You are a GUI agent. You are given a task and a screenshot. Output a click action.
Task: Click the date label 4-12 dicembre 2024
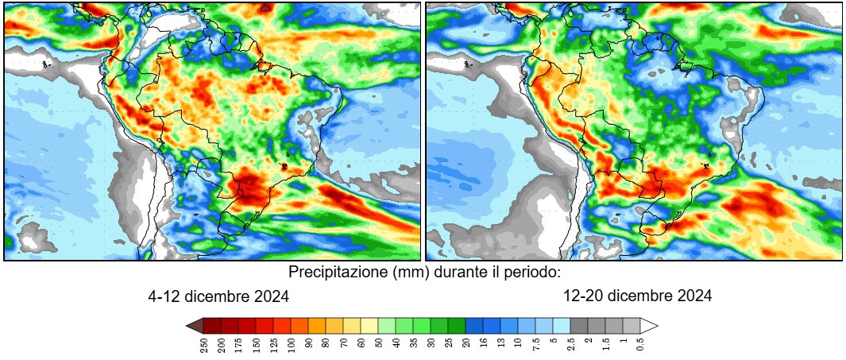coord(218,296)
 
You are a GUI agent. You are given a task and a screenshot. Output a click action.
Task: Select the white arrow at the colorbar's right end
coord(650,325)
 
